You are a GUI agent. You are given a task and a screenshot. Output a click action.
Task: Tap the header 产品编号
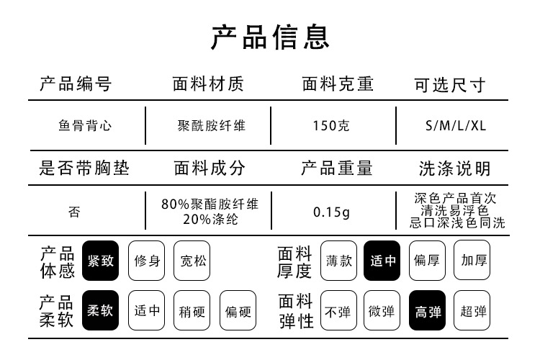pyautogui.click(x=76, y=84)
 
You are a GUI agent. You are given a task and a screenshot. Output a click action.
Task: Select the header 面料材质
pyautogui.click(x=209, y=84)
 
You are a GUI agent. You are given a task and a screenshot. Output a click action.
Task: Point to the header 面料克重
pyautogui.click(x=338, y=84)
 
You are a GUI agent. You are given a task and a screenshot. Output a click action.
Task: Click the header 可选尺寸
pyautogui.click(x=450, y=86)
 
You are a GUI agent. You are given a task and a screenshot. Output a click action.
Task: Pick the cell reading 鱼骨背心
pyautogui.click(x=85, y=125)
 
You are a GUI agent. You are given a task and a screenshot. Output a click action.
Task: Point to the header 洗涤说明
pyautogui.click(x=455, y=169)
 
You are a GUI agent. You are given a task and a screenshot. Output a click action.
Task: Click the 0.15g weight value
pyautogui.click(x=331, y=212)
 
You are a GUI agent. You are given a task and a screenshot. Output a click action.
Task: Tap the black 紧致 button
pyautogui.click(x=100, y=261)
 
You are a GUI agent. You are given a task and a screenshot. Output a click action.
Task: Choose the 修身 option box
pyautogui.click(x=147, y=261)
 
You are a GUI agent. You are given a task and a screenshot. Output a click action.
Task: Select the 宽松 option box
pyautogui.click(x=192, y=261)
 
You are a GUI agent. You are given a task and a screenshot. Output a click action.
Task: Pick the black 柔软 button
pyautogui.click(x=100, y=311)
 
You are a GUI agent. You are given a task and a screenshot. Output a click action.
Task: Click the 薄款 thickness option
pyautogui.click(x=338, y=261)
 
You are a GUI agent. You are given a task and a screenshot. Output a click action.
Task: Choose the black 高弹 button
pyautogui.click(x=428, y=311)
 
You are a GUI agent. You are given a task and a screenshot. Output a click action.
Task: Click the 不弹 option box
pyautogui.click(x=338, y=311)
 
